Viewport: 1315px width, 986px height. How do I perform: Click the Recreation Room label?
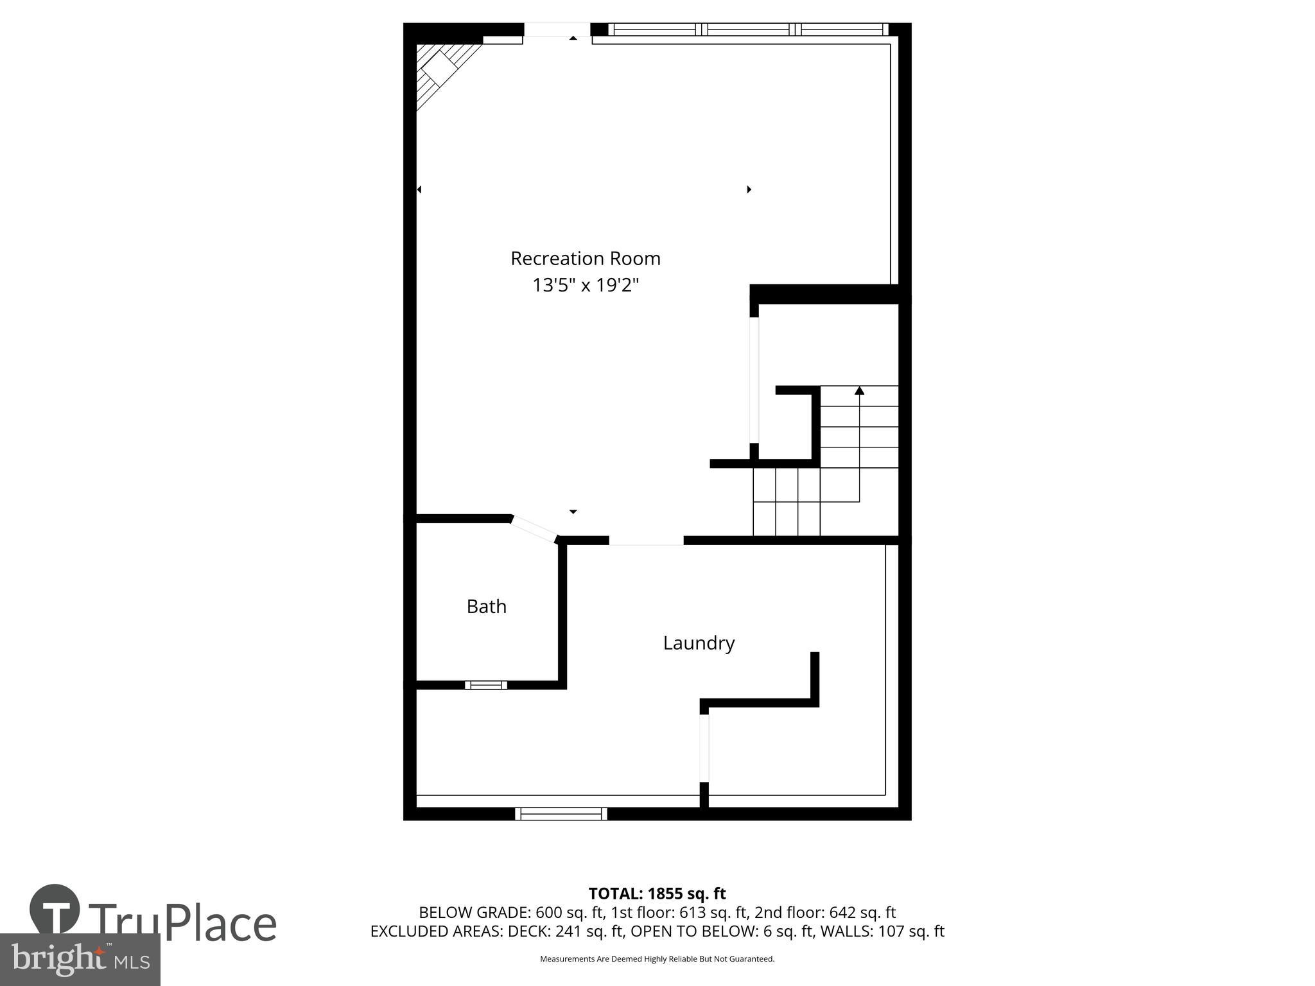[585, 258]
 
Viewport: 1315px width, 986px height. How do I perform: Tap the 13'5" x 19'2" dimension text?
[585, 285]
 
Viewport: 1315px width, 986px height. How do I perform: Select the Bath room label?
[486, 607]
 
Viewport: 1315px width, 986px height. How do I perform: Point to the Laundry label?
[699, 643]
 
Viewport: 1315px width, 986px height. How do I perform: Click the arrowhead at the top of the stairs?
[859, 390]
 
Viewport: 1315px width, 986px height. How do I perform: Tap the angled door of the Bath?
[534, 530]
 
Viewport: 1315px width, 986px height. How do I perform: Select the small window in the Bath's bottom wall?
[486, 685]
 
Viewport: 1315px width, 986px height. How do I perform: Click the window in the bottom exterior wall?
[561, 814]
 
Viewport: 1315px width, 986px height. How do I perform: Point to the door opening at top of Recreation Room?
[557, 30]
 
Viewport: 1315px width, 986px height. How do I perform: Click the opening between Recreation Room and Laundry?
[646, 541]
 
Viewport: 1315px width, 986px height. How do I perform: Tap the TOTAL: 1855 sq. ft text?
[657, 894]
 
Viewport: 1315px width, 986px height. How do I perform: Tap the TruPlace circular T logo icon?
[55, 910]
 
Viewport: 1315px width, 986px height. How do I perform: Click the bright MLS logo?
[80, 959]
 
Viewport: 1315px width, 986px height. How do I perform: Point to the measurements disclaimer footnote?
[657, 959]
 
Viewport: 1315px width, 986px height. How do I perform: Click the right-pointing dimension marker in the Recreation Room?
[749, 189]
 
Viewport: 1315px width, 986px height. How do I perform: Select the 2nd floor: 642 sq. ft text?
[825, 912]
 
